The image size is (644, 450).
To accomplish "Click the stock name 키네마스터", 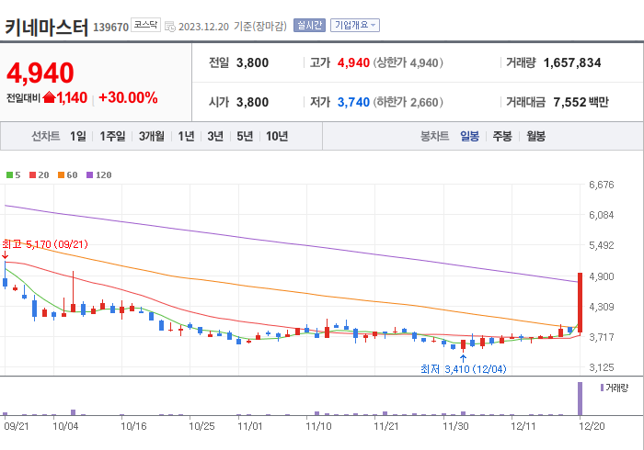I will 46,27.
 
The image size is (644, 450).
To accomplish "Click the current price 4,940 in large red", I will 40,73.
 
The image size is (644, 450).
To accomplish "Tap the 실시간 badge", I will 309,26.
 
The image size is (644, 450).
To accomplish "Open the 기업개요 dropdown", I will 355,26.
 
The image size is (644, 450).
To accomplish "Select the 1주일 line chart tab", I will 113,136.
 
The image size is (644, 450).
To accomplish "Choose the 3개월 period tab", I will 152,136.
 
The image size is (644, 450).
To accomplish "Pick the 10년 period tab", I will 276,136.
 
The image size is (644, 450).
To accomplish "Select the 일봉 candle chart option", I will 469,136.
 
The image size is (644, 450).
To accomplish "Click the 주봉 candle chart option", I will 501,136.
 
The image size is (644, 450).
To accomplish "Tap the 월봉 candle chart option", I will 535,136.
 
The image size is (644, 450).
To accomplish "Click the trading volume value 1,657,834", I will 572,63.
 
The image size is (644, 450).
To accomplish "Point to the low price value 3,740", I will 354,102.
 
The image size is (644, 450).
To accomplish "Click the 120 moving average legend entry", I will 99,174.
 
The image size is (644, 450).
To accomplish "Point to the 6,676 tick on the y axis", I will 601,185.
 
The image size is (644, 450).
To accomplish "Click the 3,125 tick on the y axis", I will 601,367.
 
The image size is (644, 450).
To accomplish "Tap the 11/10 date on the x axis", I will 318,426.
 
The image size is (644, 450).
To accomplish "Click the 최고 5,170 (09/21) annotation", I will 45,243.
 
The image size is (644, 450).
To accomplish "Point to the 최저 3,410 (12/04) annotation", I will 462,369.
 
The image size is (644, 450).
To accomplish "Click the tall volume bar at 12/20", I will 580,398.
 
